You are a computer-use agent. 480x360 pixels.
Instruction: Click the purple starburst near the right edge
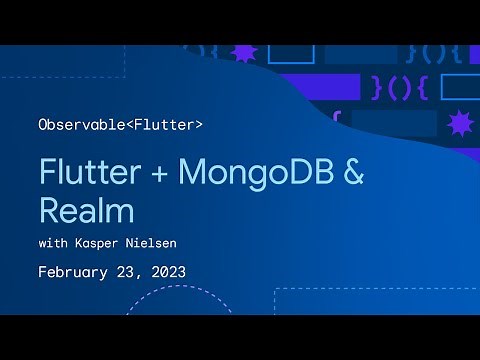tap(461, 124)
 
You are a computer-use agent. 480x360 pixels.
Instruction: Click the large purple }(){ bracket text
tap(400, 87)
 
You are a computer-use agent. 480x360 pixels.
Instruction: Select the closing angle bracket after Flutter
tap(198, 125)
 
